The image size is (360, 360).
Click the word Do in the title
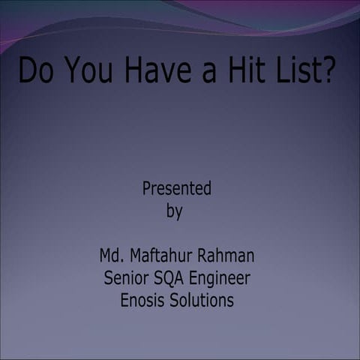35,72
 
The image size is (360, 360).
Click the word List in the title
300,72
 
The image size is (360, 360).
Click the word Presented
177,188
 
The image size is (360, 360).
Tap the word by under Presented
174,212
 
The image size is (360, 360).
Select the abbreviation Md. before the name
113,256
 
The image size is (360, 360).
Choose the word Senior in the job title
125,278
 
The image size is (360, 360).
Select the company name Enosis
142,301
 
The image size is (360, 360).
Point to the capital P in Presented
147,188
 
